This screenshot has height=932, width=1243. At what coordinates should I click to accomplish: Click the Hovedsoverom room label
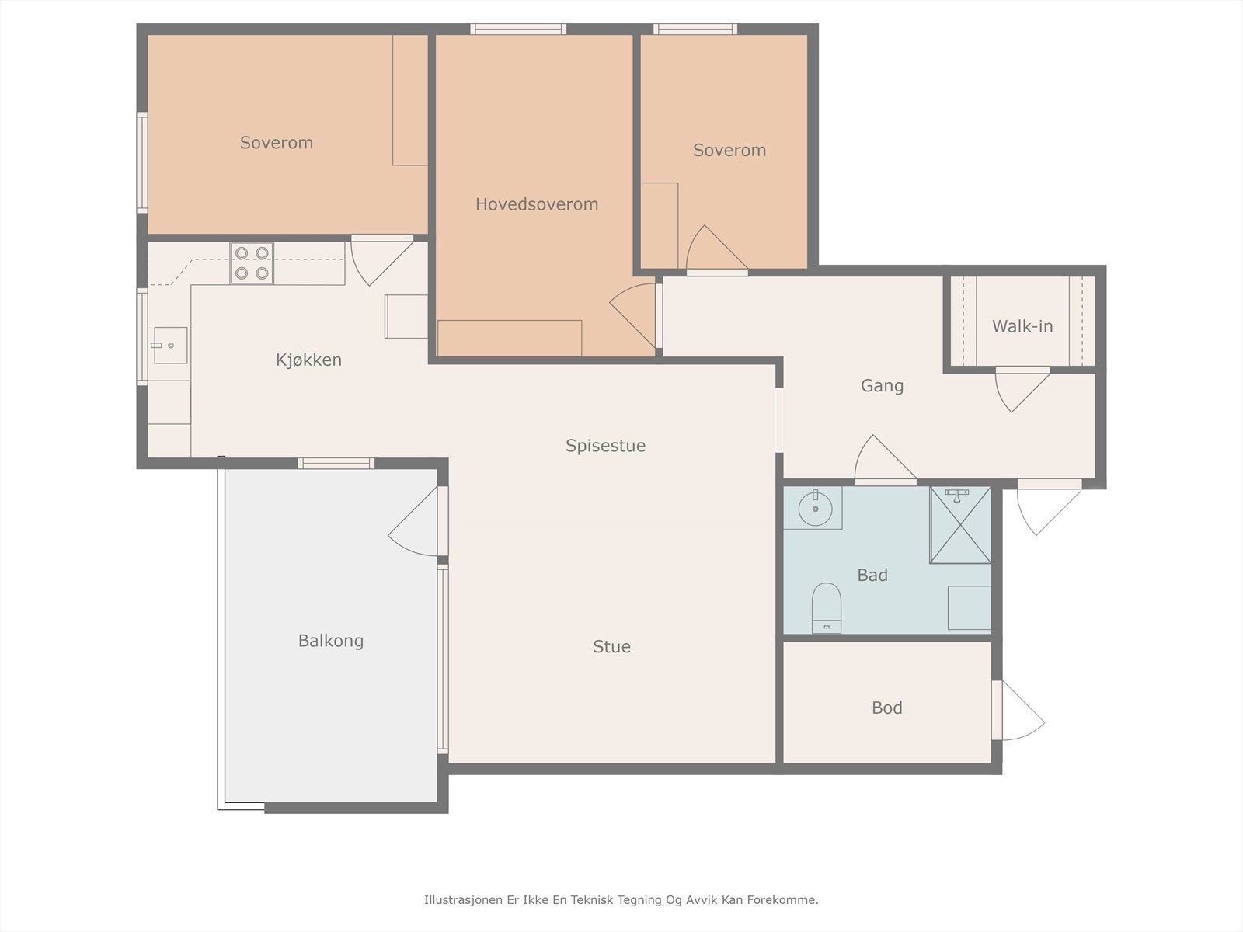coord(536,203)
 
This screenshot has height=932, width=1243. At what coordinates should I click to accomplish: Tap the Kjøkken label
coord(308,360)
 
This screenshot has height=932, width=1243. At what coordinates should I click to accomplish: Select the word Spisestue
coord(605,446)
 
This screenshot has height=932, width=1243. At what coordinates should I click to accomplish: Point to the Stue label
coord(611,646)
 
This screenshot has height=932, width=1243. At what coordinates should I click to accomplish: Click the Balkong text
coord(331,641)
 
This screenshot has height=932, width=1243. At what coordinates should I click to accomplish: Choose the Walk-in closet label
coord(1022,326)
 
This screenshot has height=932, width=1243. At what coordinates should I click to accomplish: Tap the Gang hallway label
coord(882,386)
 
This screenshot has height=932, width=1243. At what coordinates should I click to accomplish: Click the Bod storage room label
coord(887,708)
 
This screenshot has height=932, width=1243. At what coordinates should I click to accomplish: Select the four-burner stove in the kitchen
coord(252,263)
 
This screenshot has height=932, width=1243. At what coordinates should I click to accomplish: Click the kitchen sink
coord(170,345)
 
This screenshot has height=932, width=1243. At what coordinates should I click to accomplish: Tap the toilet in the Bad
coord(827,608)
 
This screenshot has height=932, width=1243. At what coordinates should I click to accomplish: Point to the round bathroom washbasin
coord(815,508)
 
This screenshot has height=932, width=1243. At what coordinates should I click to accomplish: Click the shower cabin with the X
coord(960,525)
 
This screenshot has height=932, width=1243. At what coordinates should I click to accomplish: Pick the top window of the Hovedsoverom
coord(518,29)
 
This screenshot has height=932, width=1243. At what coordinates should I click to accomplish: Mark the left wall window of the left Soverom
coord(142,163)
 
